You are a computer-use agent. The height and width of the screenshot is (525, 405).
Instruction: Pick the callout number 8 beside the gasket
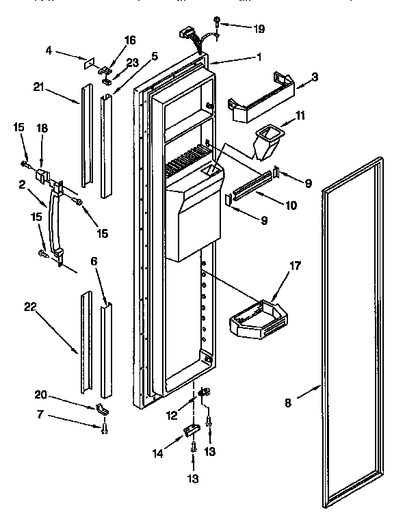click(x=288, y=403)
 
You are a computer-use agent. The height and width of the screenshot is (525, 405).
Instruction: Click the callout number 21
click(x=39, y=87)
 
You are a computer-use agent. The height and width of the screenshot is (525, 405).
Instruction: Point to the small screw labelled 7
click(x=103, y=429)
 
